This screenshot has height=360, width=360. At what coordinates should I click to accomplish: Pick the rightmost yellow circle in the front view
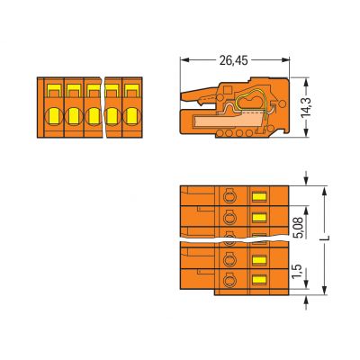pos(133,114)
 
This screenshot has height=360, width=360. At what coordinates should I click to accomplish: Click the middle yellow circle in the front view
pos(93,114)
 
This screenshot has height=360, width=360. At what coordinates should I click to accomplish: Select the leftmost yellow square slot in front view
pos(52,91)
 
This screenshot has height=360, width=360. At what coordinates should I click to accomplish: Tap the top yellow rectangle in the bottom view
pos(260,196)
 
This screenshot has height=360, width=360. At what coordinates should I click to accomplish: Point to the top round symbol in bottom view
pos(228,196)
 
